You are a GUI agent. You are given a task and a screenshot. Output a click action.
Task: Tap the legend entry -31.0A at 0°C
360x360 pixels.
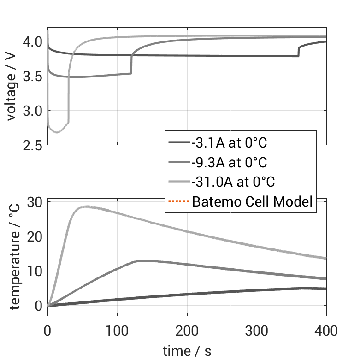tap(233, 182)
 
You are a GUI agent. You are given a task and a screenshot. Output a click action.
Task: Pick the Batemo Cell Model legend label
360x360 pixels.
tap(252, 201)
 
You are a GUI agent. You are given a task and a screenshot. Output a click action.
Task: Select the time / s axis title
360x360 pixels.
tap(187, 351)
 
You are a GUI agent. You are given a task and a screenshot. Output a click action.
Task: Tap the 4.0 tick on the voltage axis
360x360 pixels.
tap(33, 42)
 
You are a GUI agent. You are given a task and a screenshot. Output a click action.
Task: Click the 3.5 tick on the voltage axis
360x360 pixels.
tap(33, 77)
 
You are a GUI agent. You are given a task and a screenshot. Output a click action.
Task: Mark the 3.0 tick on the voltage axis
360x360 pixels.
tap(33, 111)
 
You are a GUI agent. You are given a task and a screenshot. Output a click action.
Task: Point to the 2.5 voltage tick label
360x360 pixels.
tap(33, 146)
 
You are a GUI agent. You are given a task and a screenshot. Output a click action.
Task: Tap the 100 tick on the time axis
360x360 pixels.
tap(117, 331)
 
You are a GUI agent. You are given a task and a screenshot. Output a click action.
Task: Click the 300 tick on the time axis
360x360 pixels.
tap(257, 331)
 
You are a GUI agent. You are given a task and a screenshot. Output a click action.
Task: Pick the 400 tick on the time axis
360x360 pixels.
tap(326, 331)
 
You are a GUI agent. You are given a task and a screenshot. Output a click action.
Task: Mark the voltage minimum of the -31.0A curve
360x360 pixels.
tap(57, 132)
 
